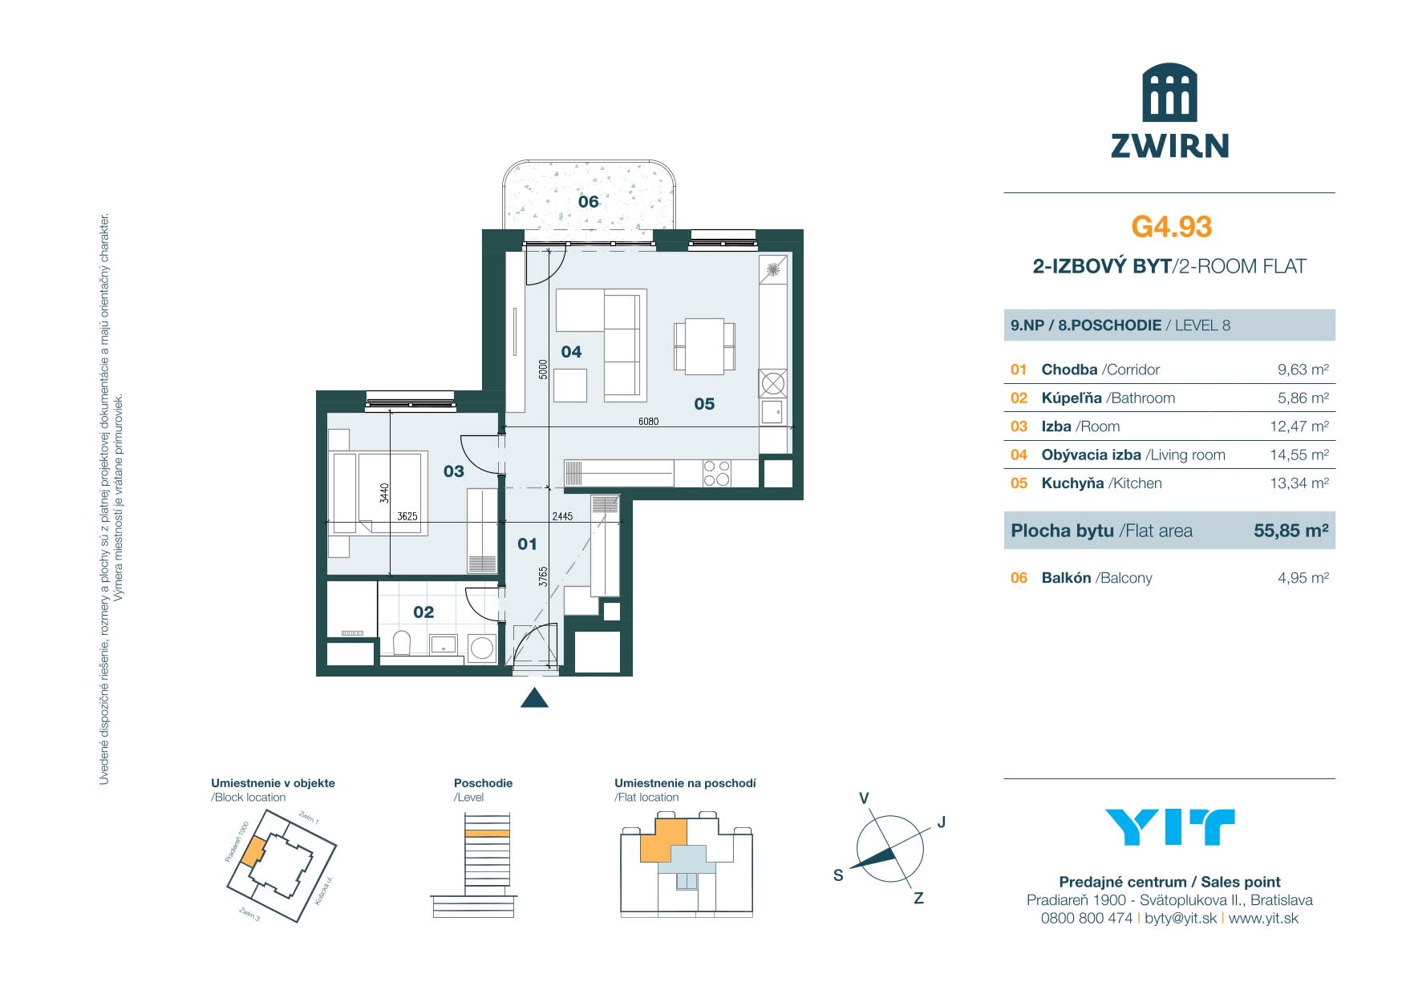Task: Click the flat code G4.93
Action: click(1171, 227)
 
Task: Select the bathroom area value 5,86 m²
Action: click(1303, 398)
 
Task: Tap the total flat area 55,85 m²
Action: click(1291, 531)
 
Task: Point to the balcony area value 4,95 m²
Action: click(1303, 578)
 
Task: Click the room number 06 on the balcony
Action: click(589, 202)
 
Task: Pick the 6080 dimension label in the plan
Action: click(648, 421)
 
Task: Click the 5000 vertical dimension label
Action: click(543, 369)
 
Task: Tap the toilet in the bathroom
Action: click(402, 643)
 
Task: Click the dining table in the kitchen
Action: click(704, 345)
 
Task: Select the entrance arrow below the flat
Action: click(534, 698)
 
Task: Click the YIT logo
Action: click(1169, 827)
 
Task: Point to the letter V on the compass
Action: click(864, 798)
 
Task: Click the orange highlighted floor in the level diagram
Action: click(487, 834)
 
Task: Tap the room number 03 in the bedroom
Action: click(454, 471)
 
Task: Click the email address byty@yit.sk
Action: click(1180, 919)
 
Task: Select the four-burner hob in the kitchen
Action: click(716, 473)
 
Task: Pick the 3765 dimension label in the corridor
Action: click(543, 577)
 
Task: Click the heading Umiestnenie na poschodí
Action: click(685, 783)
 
